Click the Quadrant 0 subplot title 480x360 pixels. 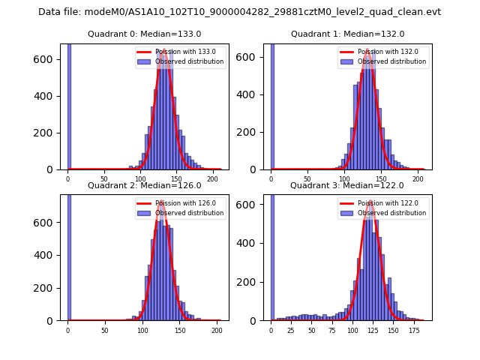click(x=144, y=34)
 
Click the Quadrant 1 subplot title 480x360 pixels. click(x=347, y=34)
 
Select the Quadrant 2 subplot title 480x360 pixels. click(x=144, y=185)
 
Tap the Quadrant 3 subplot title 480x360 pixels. click(x=347, y=185)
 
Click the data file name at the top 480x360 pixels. click(x=239, y=12)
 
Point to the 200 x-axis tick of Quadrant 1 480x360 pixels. click(x=417, y=179)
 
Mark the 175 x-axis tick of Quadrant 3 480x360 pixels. click(x=414, y=330)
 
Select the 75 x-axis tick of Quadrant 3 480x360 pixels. click(x=332, y=330)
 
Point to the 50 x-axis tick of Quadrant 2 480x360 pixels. click(x=105, y=330)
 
